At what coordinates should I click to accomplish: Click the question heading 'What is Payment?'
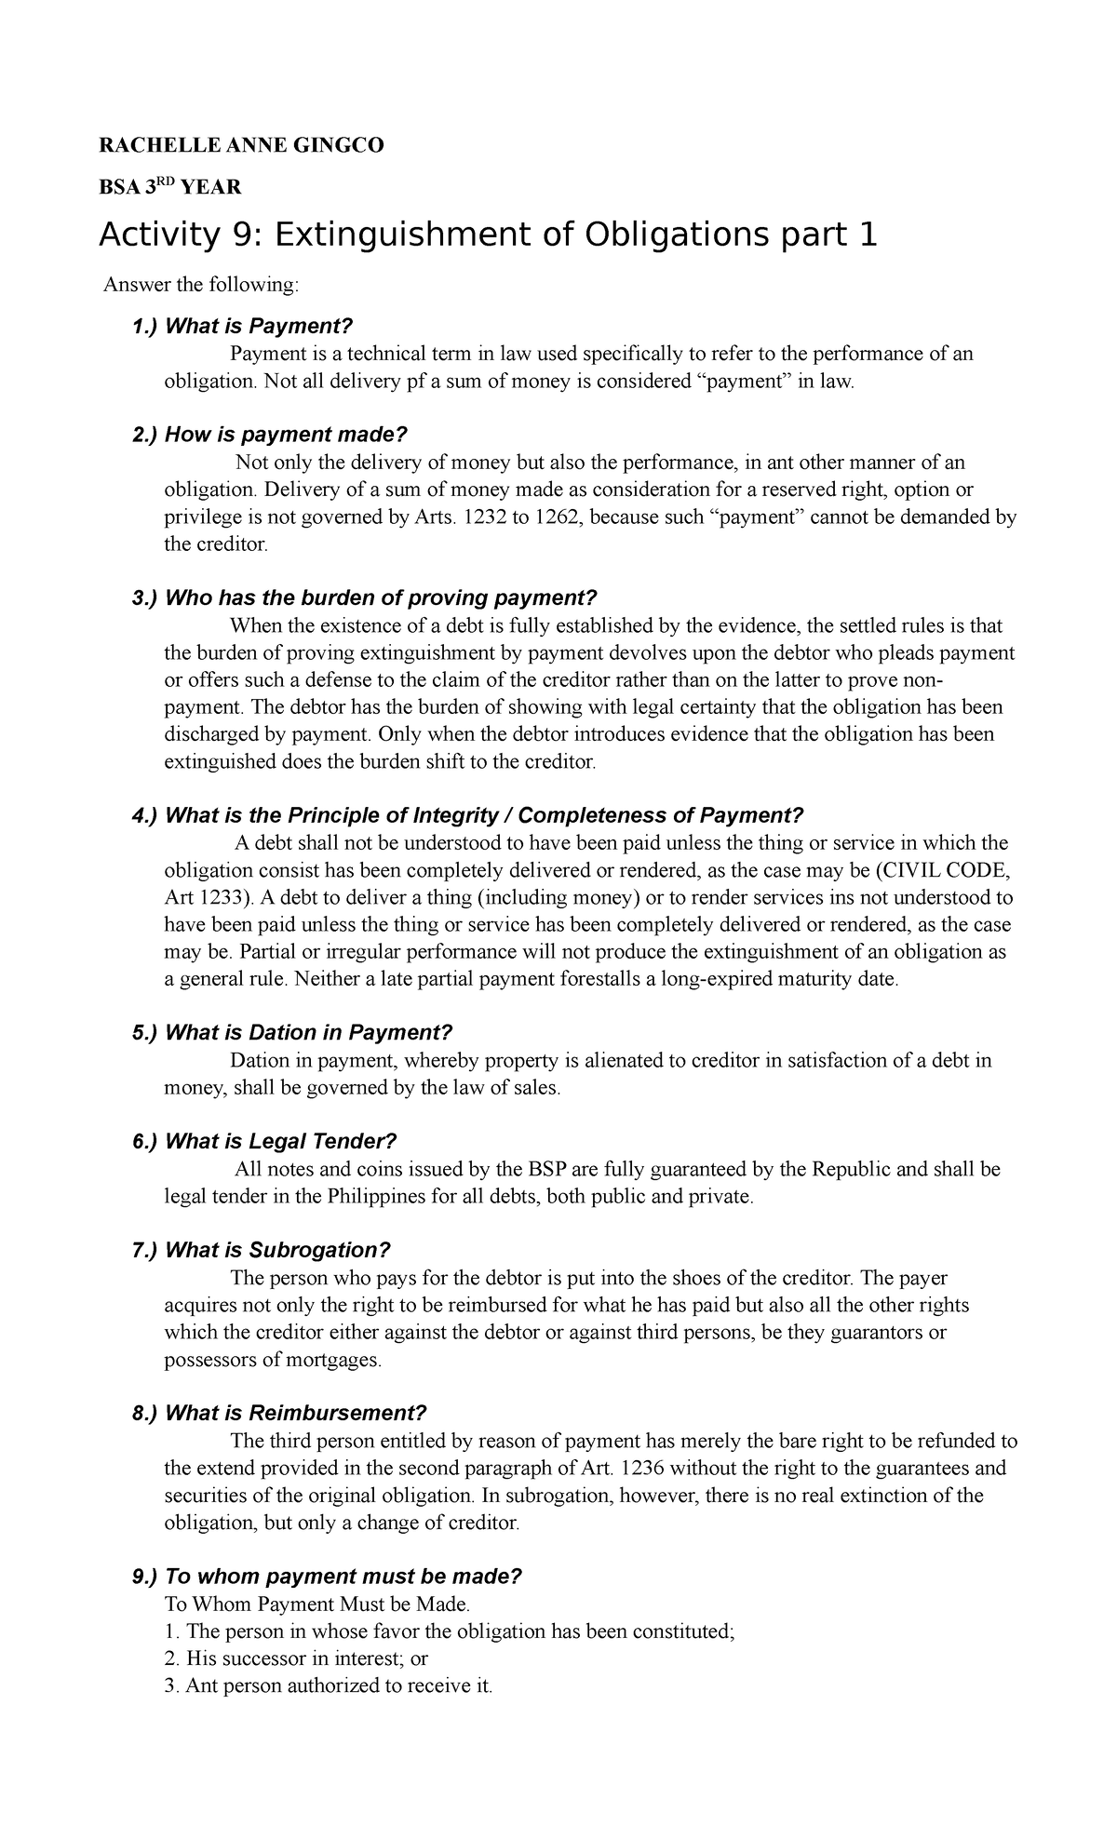[260, 327]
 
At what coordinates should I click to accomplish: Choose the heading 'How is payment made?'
[286, 436]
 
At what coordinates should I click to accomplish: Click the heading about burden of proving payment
[379, 598]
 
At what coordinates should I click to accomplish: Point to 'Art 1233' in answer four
[207, 898]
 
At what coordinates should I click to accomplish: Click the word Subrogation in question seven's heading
[320, 1251]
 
